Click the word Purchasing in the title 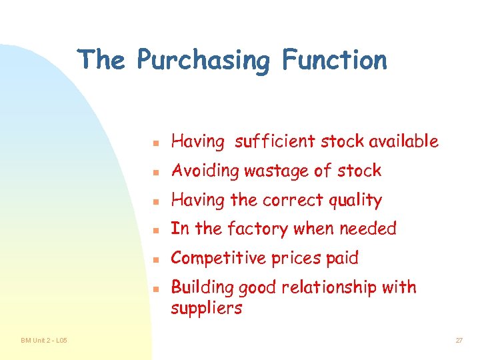point(203,61)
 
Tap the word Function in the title point(334,60)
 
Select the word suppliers point(207,308)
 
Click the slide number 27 point(459,341)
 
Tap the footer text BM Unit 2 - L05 point(44,341)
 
